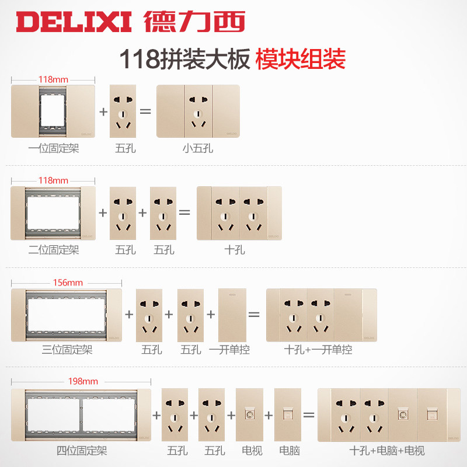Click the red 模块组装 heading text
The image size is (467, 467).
click(x=301, y=59)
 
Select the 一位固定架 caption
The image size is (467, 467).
click(x=53, y=148)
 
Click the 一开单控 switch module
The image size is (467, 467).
click(x=232, y=315)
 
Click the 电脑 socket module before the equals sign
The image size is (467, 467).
click(x=288, y=414)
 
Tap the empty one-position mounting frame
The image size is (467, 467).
click(x=53, y=111)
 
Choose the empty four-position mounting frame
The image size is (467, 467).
click(x=81, y=414)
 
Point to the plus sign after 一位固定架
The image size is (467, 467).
click(x=103, y=111)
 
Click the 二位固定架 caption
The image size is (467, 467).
click(x=53, y=250)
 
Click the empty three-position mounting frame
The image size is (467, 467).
click(x=67, y=315)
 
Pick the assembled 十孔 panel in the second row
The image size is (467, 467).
click(x=239, y=213)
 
